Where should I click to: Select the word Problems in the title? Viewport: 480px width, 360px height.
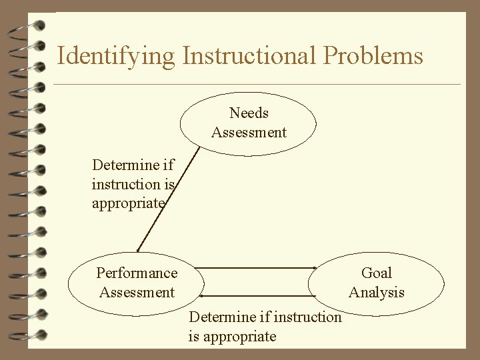pyautogui.click(x=375, y=56)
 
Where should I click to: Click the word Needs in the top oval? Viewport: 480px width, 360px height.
pyautogui.click(x=249, y=113)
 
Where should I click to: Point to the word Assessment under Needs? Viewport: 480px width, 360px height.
pyautogui.click(x=249, y=132)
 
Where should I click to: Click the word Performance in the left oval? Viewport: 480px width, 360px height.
pyautogui.click(x=137, y=273)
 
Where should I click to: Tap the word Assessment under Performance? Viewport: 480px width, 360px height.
pyautogui.click(x=137, y=292)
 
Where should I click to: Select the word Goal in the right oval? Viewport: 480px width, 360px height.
pyautogui.click(x=377, y=273)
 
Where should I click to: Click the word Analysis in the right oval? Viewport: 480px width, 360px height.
pyautogui.click(x=377, y=292)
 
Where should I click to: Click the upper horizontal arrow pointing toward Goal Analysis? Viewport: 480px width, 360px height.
pyautogui.click(x=256, y=267)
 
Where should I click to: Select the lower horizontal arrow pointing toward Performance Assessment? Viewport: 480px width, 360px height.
pyautogui.click(x=256, y=295)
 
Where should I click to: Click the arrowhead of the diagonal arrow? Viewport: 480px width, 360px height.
pyautogui.click(x=138, y=250)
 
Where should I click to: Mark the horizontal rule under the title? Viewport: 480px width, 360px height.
pyautogui.click(x=257, y=85)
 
